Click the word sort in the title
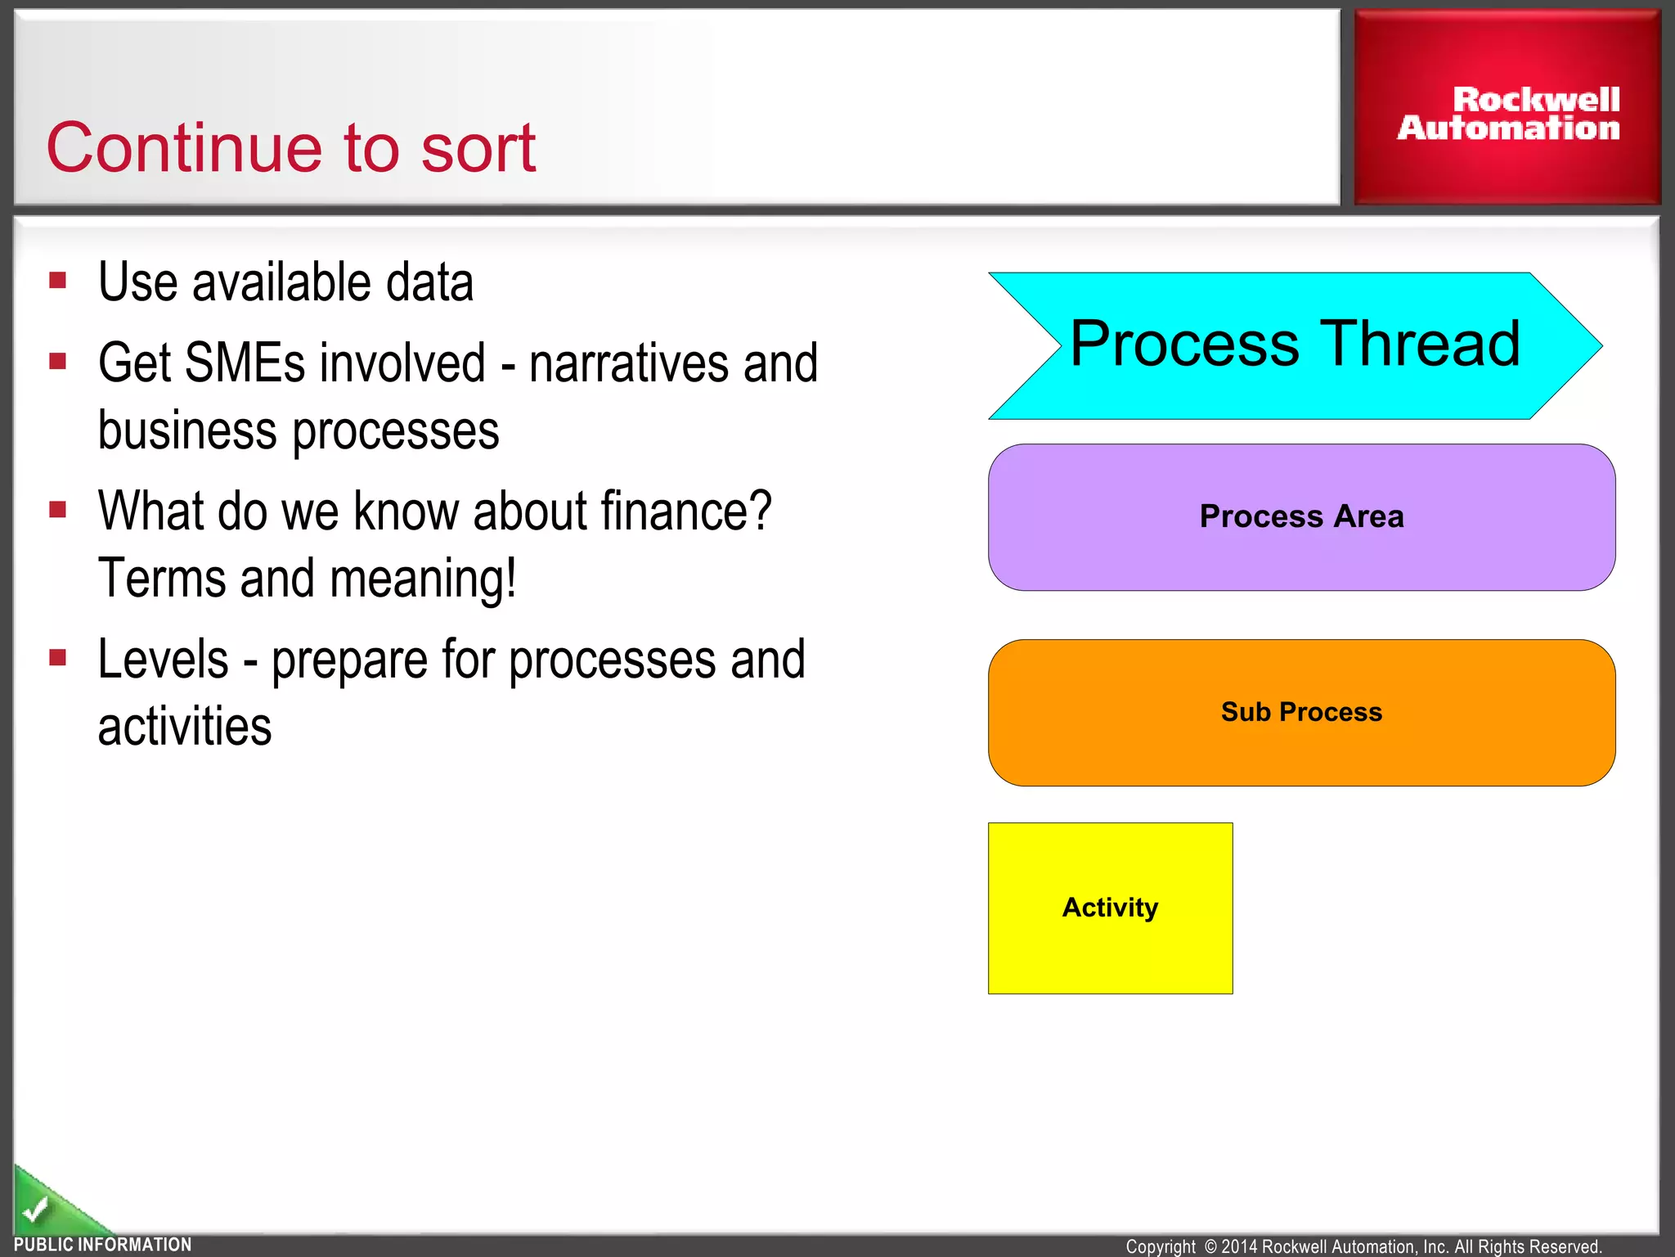coord(478,148)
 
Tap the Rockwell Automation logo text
coord(1508,114)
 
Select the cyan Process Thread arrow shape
coord(1295,345)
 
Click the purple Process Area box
coord(1301,517)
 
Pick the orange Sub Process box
coord(1301,712)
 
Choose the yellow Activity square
coord(1110,908)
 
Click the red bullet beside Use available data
coord(57,282)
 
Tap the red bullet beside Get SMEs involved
coord(57,362)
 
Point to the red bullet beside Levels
coord(57,658)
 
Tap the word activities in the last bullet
coord(185,727)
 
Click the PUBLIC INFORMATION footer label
coord(103,1245)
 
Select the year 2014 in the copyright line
coord(1239,1246)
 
